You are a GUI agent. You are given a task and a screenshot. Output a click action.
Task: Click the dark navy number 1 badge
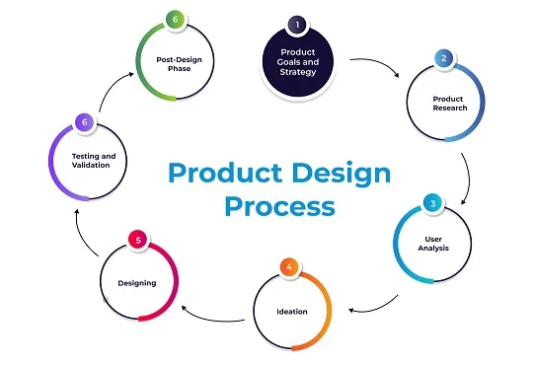tap(297, 25)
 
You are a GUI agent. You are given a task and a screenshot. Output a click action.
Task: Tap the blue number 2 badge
tap(443, 58)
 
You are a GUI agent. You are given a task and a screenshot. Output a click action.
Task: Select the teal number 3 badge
tap(432, 203)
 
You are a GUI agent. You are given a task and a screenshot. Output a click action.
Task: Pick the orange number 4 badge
tap(289, 267)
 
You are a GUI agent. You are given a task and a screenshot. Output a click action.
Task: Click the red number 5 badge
tap(138, 240)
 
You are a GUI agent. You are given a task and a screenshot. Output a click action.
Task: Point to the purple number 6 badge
tap(84, 122)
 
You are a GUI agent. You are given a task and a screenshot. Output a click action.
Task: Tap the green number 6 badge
tap(175, 20)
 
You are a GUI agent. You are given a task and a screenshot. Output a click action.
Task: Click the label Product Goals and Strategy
tap(298, 62)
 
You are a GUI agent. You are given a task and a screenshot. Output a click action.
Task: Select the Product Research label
tap(450, 104)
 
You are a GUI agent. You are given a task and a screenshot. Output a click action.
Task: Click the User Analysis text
tap(433, 244)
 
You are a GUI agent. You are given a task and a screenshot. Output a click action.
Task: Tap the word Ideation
tap(292, 312)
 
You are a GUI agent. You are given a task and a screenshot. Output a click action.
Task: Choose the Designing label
tap(137, 283)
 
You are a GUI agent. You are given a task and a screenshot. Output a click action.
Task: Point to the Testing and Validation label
tap(94, 161)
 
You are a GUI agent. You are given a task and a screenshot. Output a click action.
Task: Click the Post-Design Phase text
tap(179, 64)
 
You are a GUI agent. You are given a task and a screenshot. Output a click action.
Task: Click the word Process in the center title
tap(279, 206)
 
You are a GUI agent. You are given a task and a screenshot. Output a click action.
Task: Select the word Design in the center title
tap(342, 174)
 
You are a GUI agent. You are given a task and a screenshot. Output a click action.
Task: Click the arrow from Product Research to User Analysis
tap(469, 178)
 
